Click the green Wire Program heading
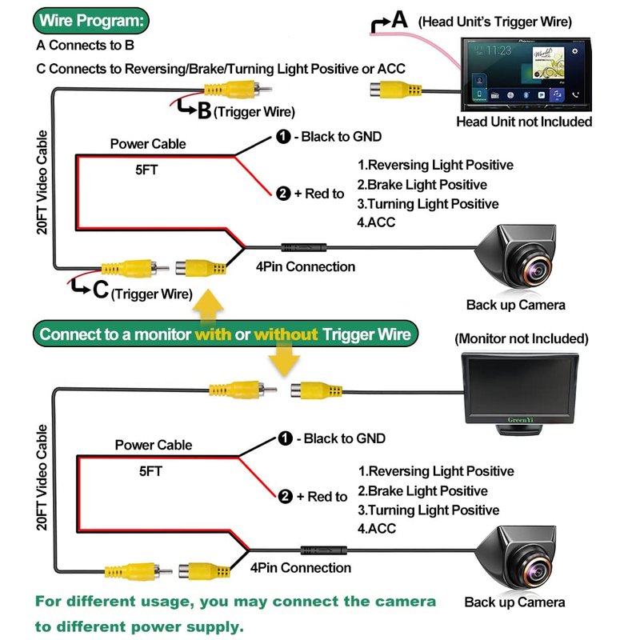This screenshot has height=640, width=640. point(91,20)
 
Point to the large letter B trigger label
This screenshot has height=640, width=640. point(203,110)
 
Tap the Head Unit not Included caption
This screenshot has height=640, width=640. point(524,122)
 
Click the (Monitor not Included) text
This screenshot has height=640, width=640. point(521,339)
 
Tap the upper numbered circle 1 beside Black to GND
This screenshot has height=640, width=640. point(283,137)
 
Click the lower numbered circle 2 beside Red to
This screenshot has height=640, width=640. point(286,497)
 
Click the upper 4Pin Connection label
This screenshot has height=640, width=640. point(304,266)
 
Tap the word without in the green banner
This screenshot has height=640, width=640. point(286,334)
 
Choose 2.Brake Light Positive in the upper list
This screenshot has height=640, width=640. point(422,185)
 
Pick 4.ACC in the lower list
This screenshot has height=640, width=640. point(377,529)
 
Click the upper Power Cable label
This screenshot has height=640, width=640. point(148,144)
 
